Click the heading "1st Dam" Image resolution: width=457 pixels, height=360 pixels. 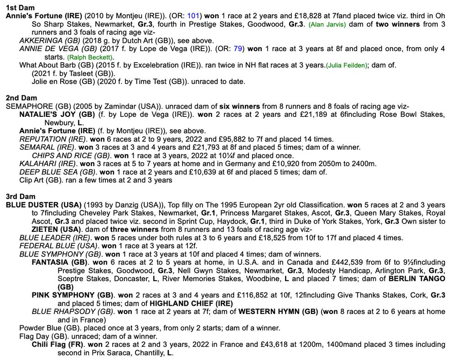point(20,8)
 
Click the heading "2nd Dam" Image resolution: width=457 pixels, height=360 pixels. point(21,98)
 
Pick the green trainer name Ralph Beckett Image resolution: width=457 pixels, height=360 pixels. point(90,57)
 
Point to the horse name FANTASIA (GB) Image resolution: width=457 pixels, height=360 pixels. point(59,262)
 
